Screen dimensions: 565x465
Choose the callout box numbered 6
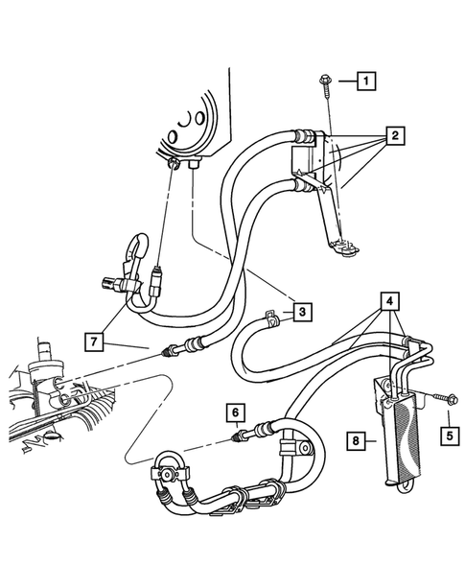click(x=233, y=413)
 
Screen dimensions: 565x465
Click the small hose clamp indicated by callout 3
click(x=272, y=317)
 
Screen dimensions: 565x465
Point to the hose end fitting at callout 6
click(x=241, y=437)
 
